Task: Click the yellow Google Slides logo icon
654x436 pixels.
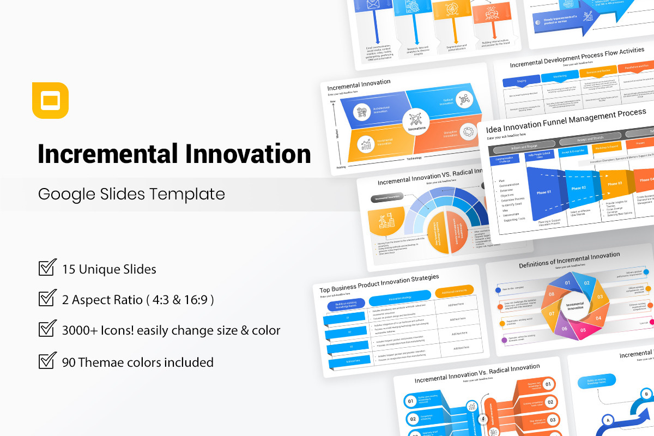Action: pyautogui.click(x=50, y=100)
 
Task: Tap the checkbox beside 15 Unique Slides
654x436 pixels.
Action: pyautogui.click(x=47, y=268)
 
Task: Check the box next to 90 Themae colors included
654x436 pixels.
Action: pyautogui.click(x=47, y=361)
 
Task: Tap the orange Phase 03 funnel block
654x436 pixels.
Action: pyautogui.click(x=614, y=184)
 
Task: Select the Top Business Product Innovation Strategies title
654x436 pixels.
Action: pyautogui.click(x=379, y=284)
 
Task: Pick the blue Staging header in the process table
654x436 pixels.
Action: pyautogui.click(x=521, y=81)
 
